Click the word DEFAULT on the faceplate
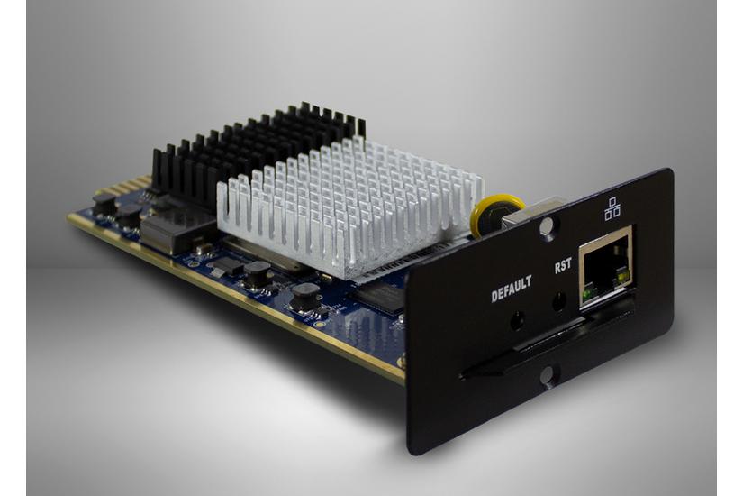click(x=512, y=288)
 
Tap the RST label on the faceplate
click(x=563, y=265)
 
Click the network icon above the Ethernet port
click(x=612, y=208)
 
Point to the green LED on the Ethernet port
click(x=587, y=293)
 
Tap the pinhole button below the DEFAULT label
click(x=518, y=321)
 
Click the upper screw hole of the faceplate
click(x=548, y=226)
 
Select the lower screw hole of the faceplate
click(x=548, y=377)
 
